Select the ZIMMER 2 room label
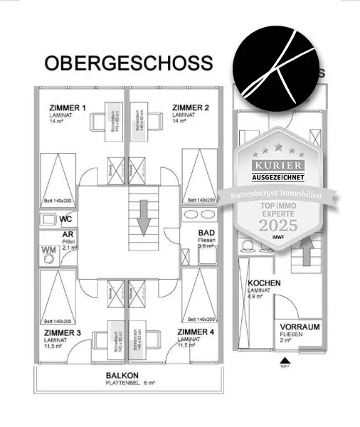coord(190,108)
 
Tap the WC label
coord(65,220)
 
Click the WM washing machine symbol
coord(49,251)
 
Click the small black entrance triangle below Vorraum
coord(284,359)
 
